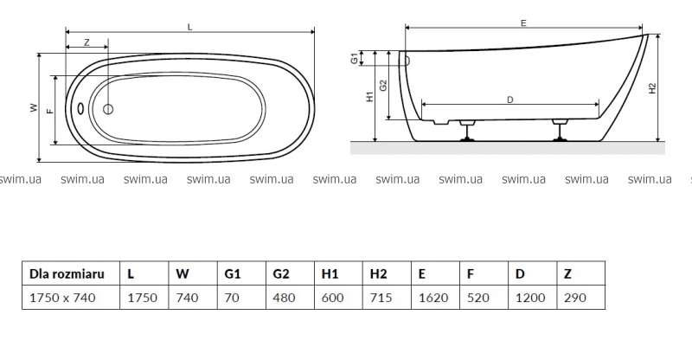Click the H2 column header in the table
click(378, 273)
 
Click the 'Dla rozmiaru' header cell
click(67, 273)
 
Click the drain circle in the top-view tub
click(109, 109)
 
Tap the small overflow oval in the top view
click(80, 109)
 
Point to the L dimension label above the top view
click(189, 28)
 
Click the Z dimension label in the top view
click(86, 42)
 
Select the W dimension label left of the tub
click(34, 109)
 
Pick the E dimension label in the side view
click(524, 24)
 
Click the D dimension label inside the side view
click(510, 100)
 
